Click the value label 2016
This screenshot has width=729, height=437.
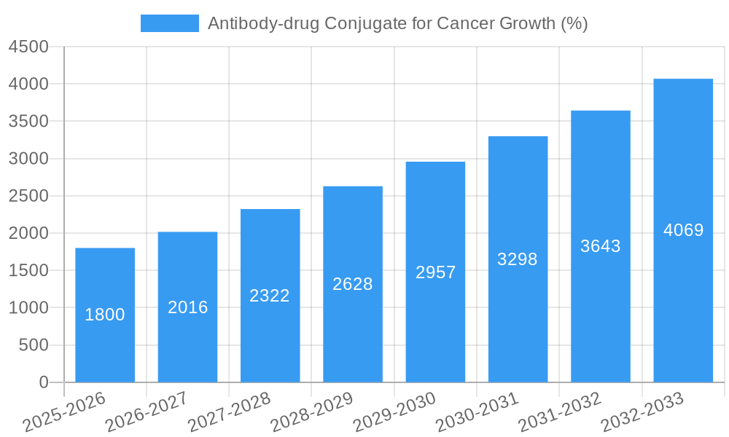point(187,307)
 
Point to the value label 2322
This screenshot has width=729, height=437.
point(270,296)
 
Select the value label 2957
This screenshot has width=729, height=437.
point(435,272)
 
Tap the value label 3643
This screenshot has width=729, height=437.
point(600,246)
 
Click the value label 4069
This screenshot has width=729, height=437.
point(683,230)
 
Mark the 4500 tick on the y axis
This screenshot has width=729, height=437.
point(28,47)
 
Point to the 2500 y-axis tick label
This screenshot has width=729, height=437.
point(28,196)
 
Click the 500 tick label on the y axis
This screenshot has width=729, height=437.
point(34,345)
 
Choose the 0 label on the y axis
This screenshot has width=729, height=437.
point(43,382)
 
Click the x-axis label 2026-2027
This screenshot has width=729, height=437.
point(147,412)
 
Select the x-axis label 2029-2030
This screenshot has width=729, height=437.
point(394,412)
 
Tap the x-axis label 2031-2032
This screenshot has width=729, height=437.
point(560,412)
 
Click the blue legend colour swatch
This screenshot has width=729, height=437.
point(169,23)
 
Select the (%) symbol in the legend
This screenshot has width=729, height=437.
point(574,23)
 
